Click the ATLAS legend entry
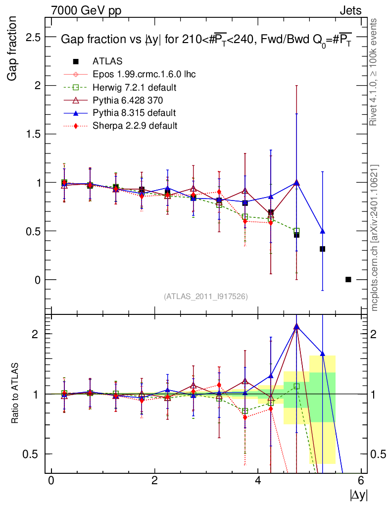click(x=107, y=61)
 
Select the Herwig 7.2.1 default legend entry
click(x=135, y=87)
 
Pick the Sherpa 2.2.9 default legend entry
click(x=135, y=126)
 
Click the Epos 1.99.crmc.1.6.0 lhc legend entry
click(x=144, y=74)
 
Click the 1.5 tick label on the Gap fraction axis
click(x=33, y=134)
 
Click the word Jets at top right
click(x=350, y=10)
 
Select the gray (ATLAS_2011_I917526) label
click(x=206, y=296)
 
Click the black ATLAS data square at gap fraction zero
click(x=348, y=279)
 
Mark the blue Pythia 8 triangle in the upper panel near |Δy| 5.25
click(x=323, y=231)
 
